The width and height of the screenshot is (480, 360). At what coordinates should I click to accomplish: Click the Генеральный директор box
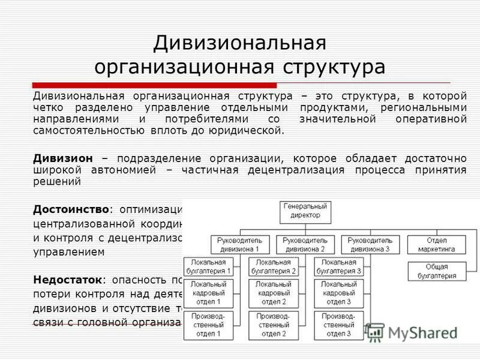click(x=306, y=211)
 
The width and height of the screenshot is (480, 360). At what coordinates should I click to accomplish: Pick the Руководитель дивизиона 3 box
click(x=369, y=244)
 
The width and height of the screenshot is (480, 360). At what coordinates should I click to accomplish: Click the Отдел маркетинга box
click(x=436, y=244)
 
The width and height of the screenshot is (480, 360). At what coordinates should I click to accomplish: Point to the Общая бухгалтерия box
click(x=436, y=271)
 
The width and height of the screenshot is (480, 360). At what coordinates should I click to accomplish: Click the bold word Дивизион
click(x=63, y=158)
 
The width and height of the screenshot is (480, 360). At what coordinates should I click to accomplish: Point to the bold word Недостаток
click(x=68, y=280)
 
